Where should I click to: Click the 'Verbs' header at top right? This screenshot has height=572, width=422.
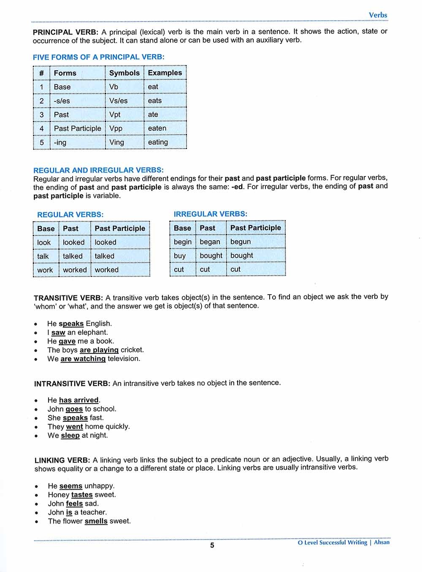click(x=378, y=15)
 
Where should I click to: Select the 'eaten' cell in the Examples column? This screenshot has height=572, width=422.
click(x=157, y=128)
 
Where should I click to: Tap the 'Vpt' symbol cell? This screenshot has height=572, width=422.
click(x=115, y=114)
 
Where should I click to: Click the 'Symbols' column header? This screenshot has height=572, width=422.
click(x=124, y=73)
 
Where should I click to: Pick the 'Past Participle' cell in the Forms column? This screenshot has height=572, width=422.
click(x=77, y=128)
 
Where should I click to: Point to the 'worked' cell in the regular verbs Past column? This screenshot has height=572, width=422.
click(x=75, y=270)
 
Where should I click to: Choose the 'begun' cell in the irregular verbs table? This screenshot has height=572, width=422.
click(x=241, y=241)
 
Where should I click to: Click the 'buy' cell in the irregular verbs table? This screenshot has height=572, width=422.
click(x=180, y=255)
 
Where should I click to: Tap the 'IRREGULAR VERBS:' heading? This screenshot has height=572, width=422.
click(x=211, y=214)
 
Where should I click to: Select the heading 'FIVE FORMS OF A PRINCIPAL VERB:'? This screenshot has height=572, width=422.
click(x=99, y=57)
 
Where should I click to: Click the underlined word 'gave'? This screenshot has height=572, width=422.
click(x=67, y=341)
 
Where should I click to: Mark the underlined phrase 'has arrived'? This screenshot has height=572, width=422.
click(x=79, y=400)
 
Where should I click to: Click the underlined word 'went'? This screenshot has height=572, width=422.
click(x=74, y=426)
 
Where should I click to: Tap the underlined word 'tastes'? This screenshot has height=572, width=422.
click(x=82, y=495)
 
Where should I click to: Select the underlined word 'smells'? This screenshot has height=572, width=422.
click(x=96, y=521)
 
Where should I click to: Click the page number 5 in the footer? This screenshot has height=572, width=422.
click(x=212, y=545)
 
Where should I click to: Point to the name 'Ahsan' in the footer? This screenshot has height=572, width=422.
click(x=382, y=542)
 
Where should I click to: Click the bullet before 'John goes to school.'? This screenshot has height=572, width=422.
click(x=37, y=409)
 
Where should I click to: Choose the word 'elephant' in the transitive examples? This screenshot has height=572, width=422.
click(x=92, y=332)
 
